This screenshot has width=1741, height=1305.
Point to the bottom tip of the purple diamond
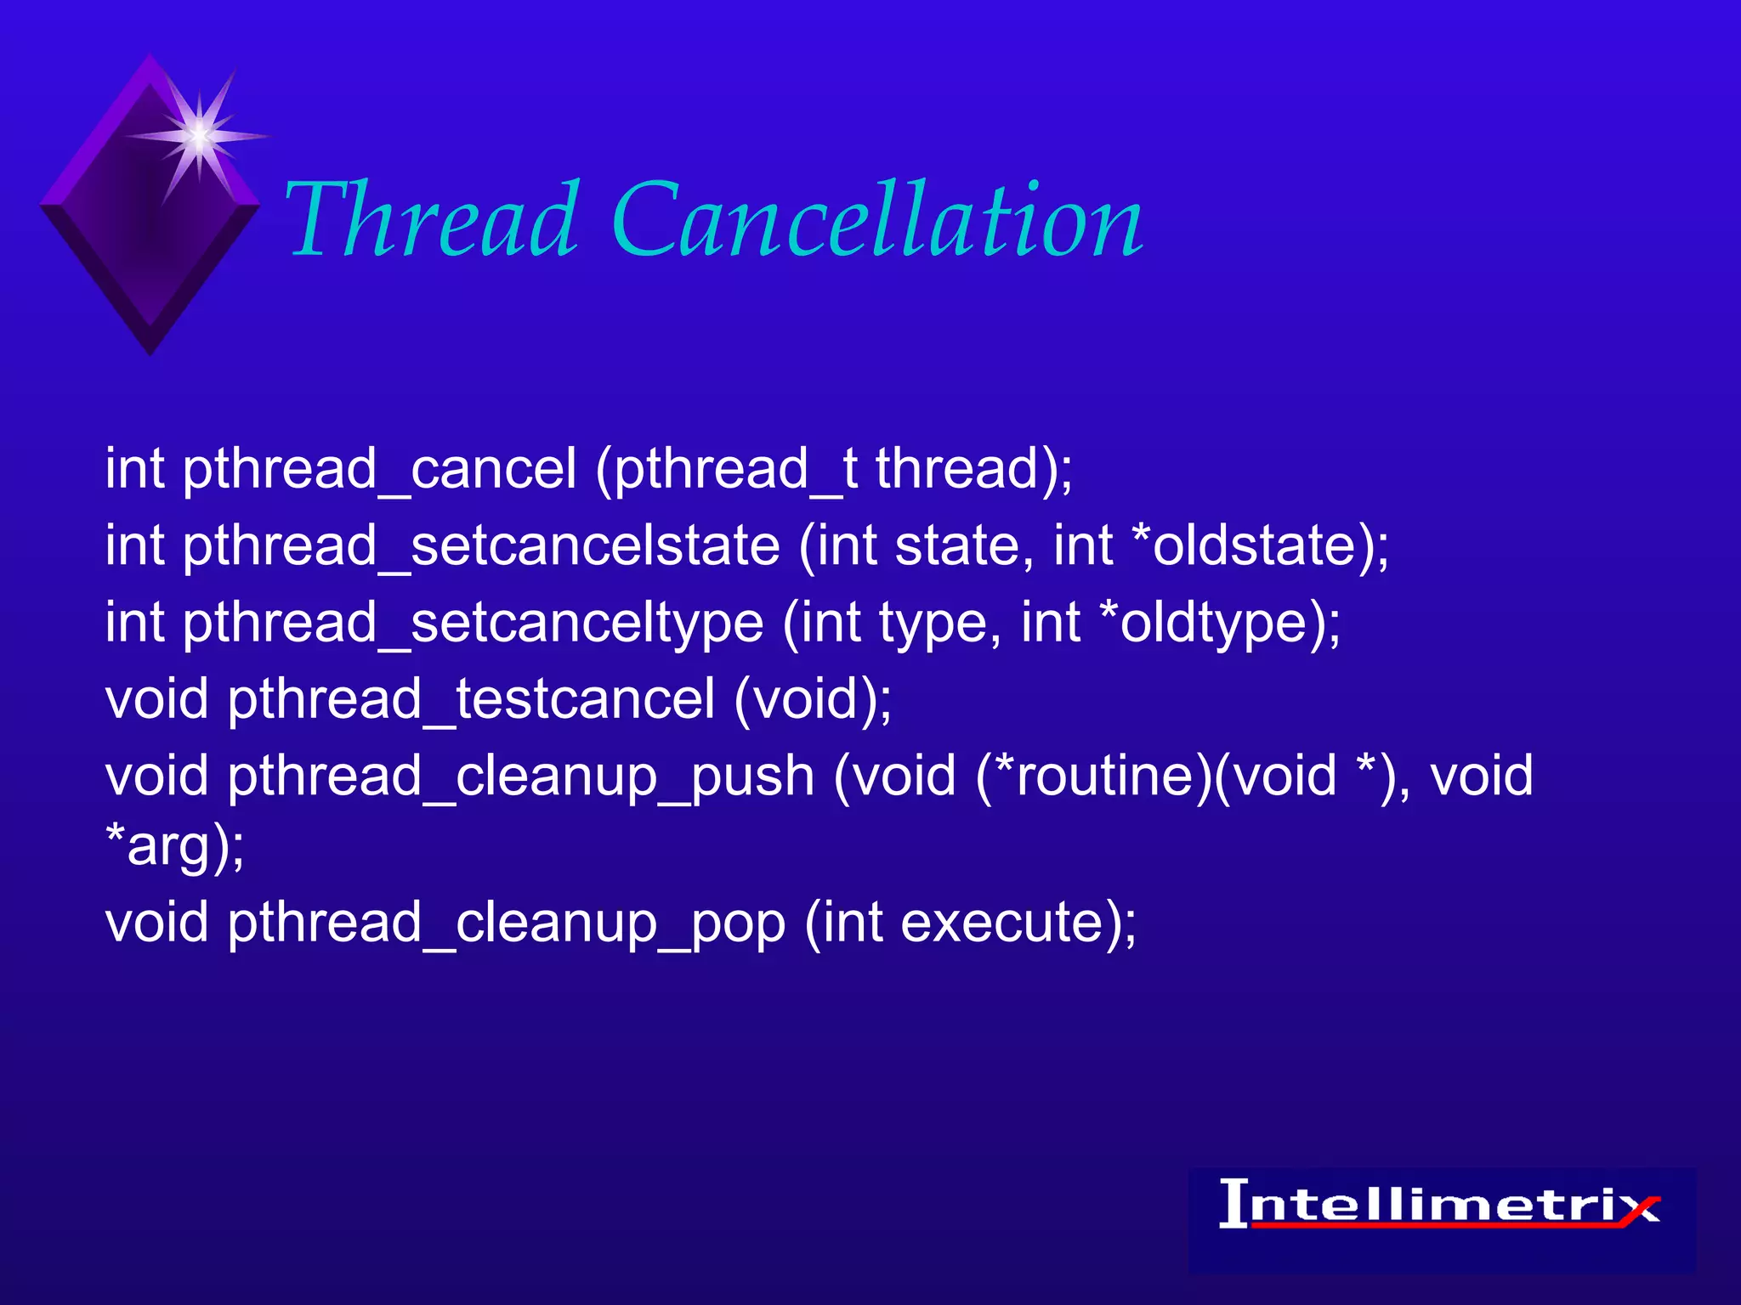click(150, 350)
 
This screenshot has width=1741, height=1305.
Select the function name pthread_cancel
click(379, 469)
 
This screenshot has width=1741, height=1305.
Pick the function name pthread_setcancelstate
click(481, 545)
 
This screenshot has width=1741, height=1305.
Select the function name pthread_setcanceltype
click(473, 623)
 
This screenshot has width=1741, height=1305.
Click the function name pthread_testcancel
click(471, 699)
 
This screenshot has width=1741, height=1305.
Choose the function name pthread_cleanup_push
click(520, 777)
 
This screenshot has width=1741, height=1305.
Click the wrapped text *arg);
click(175, 846)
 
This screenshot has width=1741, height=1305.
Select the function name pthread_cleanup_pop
click(506, 923)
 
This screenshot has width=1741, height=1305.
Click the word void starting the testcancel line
click(156, 699)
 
